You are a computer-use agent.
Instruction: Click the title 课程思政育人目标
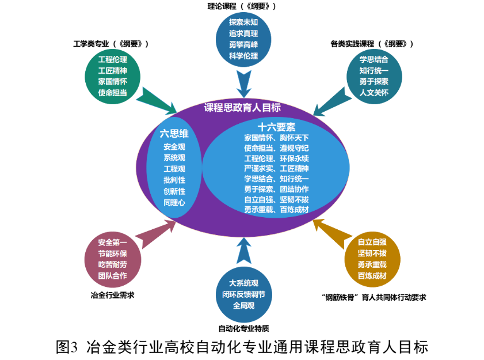tap(242, 108)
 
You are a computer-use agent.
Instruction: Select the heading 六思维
tap(174, 134)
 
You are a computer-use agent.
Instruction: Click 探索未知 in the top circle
tap(243, 22)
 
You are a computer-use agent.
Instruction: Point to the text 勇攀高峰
tap(243, 45)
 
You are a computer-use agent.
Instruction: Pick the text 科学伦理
tap(243, 56)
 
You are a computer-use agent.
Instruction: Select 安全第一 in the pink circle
tap(112, 242)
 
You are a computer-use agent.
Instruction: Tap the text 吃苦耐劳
tap(112, 264)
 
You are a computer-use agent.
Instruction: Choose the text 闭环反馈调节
tap(243, 294)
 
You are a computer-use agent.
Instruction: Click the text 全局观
tap(243, 305)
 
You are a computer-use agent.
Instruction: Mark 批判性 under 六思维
tap(174, 180)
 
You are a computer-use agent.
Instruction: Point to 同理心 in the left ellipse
tap(174, 202)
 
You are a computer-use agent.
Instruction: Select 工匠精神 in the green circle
tap(112, 70)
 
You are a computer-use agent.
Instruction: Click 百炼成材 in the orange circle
tap(372, 276)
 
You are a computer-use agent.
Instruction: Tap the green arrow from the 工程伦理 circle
tap(156, 100)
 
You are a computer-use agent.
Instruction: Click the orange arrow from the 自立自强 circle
tap(330, 230)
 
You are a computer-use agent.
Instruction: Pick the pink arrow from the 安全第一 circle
tap(157, 233)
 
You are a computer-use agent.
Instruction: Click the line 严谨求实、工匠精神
tap(276, 168)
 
